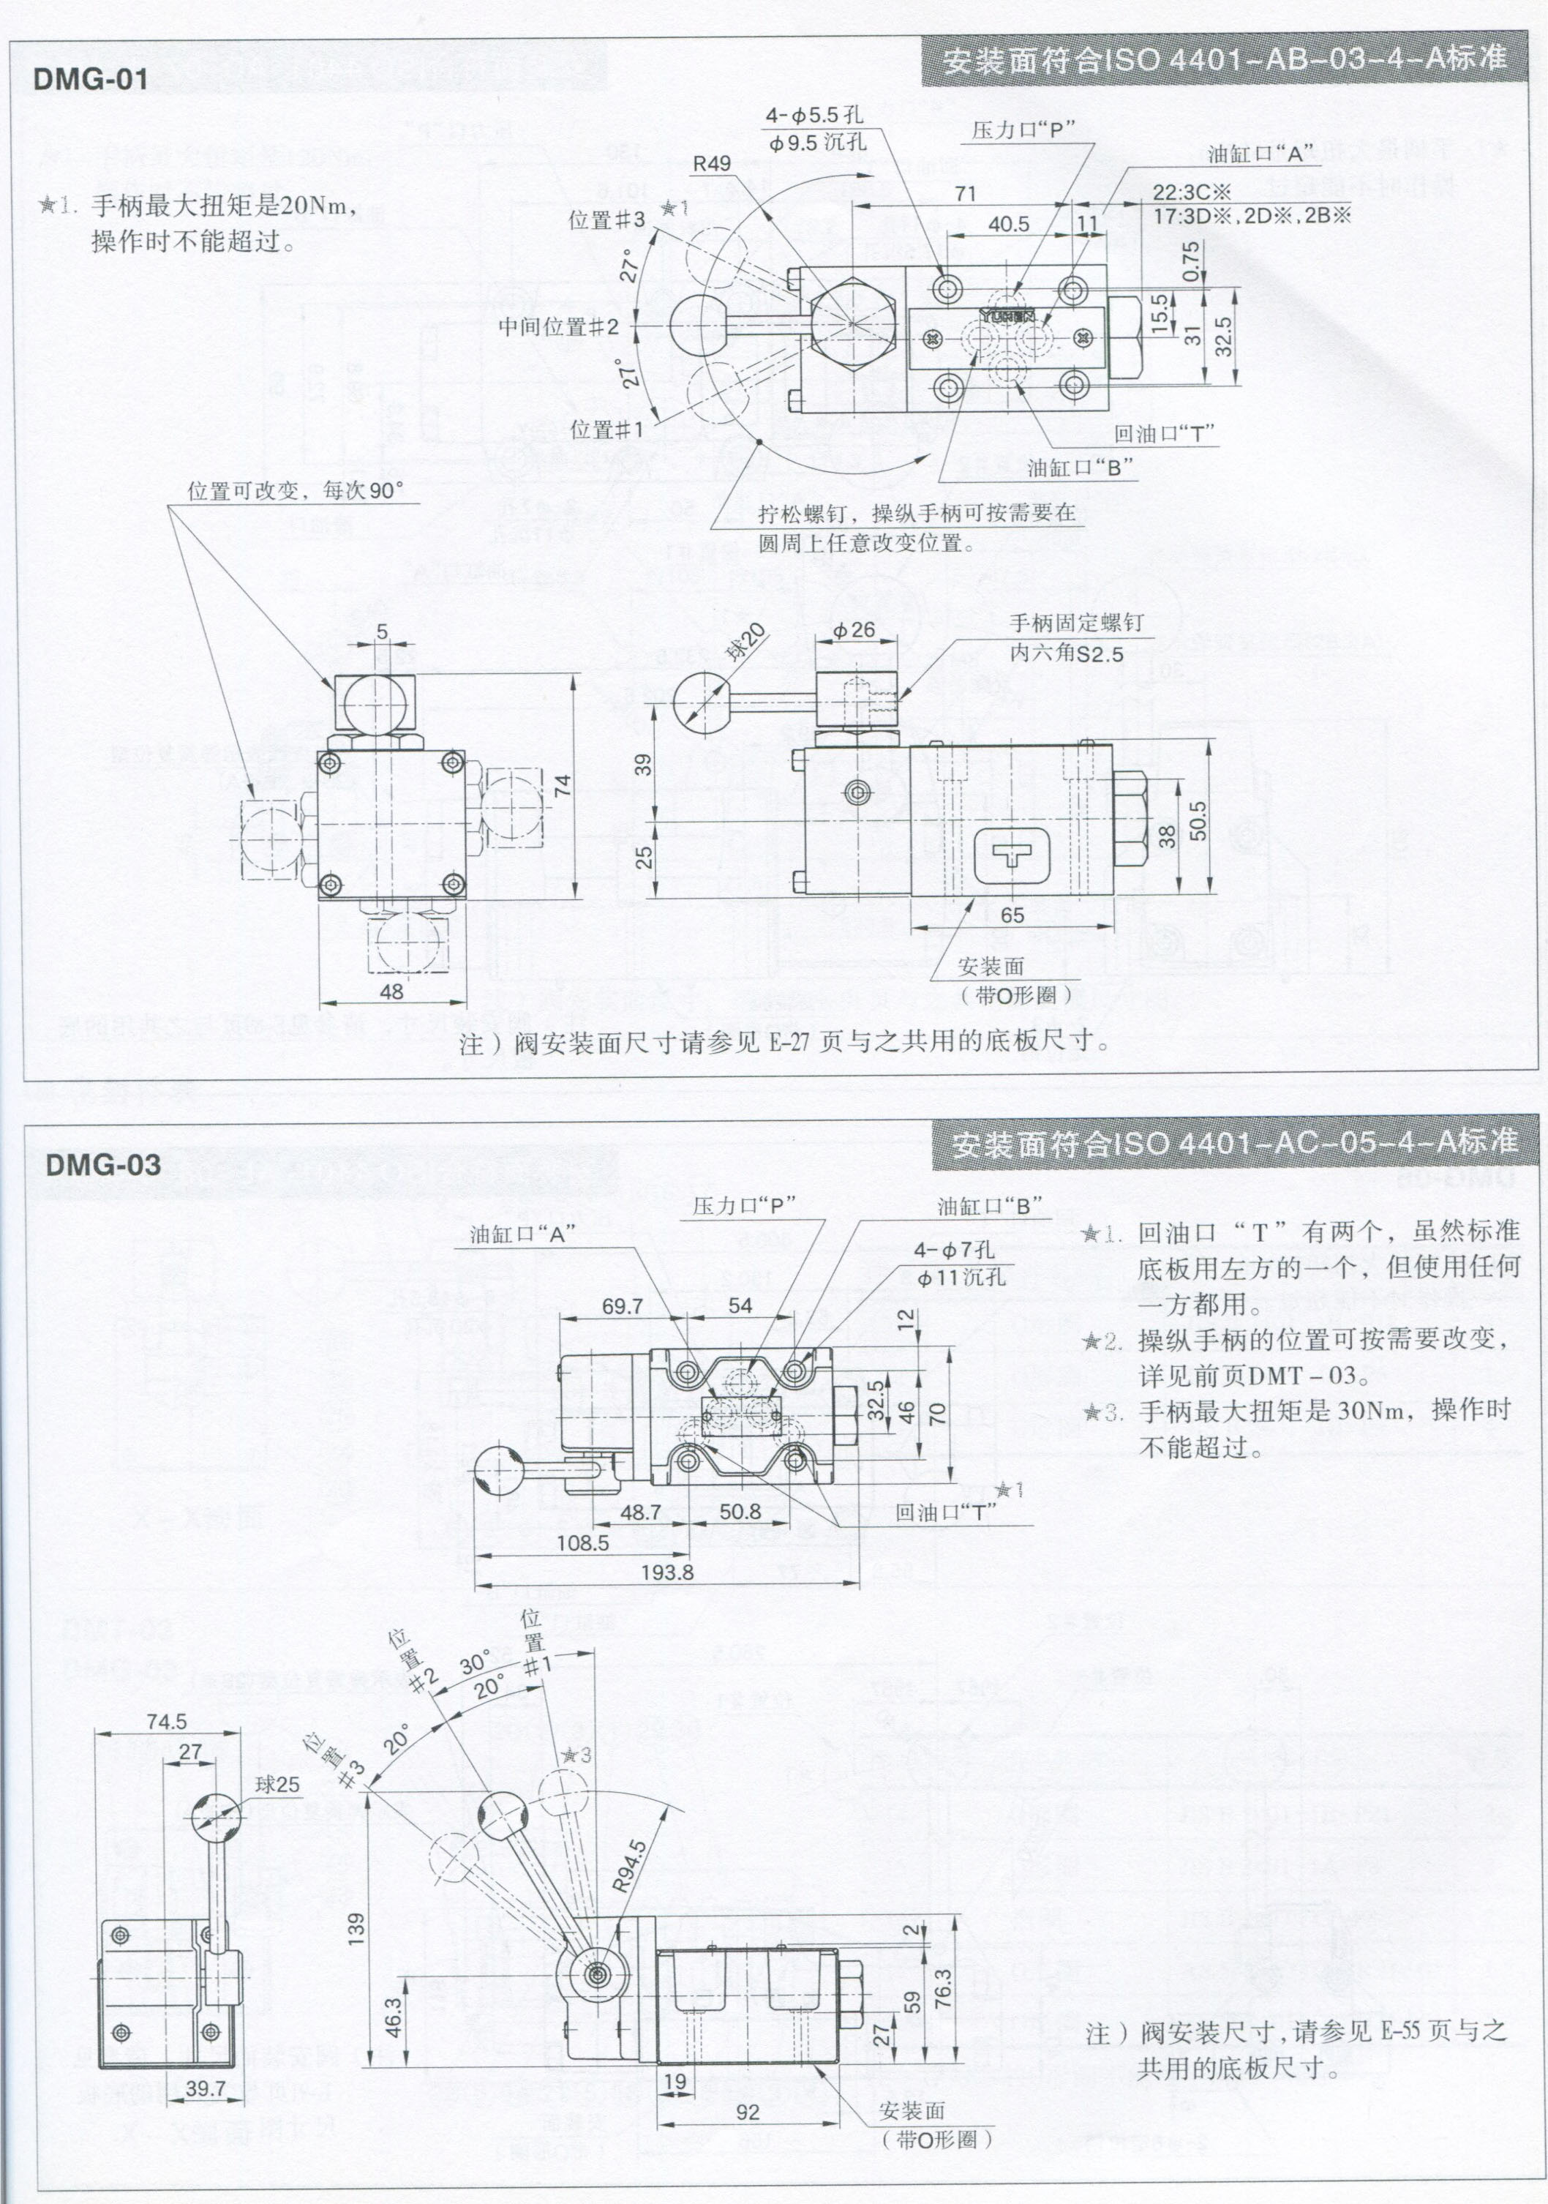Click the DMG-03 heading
102,1164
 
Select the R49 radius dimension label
712,164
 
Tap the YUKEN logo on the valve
1007,314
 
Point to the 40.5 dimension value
1009,225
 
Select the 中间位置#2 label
558,326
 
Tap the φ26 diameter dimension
853,630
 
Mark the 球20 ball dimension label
745,642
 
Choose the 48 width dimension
391,991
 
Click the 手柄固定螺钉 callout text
1076,623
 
